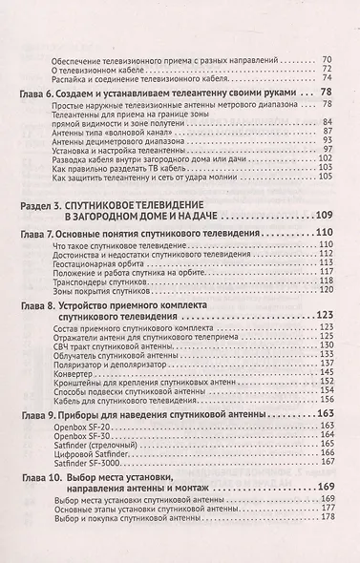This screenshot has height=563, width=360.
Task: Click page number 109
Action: pos(325,216)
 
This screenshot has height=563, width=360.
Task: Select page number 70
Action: pos(327,59)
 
